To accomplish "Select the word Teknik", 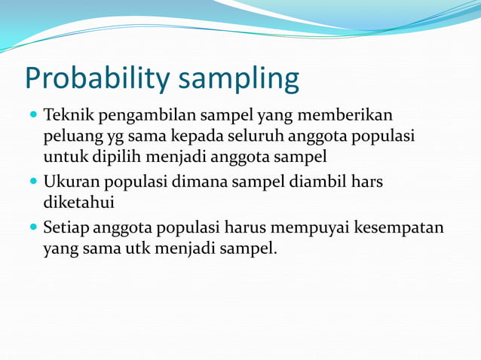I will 66,115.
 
